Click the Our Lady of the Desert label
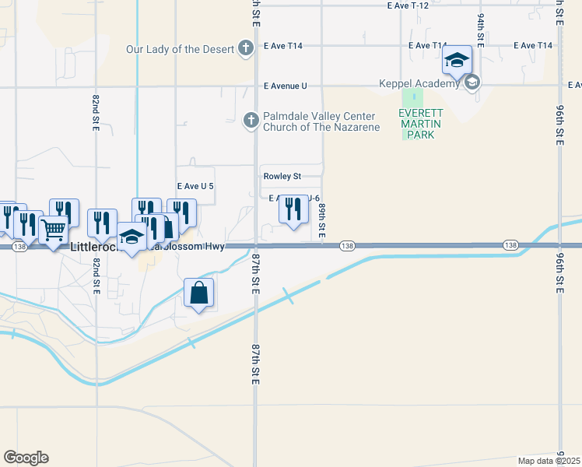181,50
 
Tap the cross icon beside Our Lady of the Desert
246,50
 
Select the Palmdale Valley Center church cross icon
251,121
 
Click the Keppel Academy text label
419,83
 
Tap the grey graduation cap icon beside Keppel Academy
472,83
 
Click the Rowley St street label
282,176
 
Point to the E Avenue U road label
285,86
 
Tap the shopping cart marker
53,230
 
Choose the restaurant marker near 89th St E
293,209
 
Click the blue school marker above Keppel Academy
458,59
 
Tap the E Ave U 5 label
195,187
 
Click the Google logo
26,458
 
